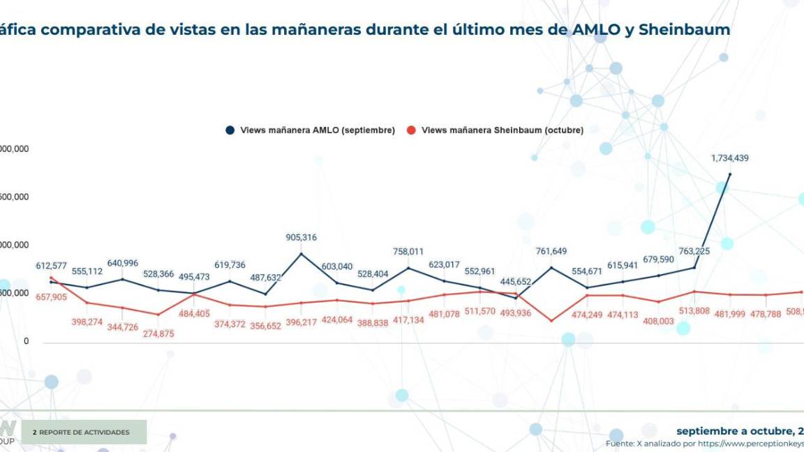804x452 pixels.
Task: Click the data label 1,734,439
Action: [x=729, y=158]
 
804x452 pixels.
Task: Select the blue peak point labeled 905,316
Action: [x=301, y=253]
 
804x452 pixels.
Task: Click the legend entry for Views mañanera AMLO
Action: [x=310, y=130]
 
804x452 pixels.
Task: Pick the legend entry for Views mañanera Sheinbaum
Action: [x=495, y=130]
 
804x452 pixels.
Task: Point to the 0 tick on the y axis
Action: [x=26, y=341]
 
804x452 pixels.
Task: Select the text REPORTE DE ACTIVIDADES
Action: [x=84, y=432]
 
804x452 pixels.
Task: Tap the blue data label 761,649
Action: [x=551, y=251]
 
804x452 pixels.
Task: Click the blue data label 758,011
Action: [x=408, y=251]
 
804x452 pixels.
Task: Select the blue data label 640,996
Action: [x=122, y=263]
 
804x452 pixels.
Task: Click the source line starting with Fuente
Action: [x=704, y=443]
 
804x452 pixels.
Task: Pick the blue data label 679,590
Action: [x=658, y=259]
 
